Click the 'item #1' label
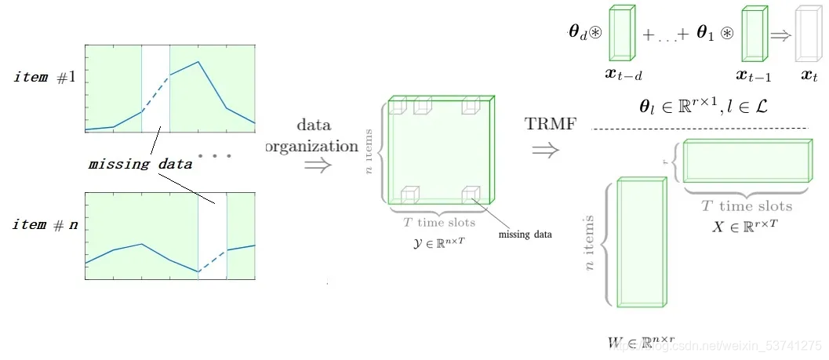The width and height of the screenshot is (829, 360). pos(45,78)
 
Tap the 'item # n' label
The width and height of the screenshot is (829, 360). pos(45,225)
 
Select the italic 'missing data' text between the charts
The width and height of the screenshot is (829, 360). pos(140,165)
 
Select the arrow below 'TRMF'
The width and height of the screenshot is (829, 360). pos(547,149)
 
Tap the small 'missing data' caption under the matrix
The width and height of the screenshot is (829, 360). pos(525,235)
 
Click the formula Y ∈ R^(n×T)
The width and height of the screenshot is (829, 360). pos(439,240)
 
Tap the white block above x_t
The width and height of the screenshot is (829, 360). pos(805,35)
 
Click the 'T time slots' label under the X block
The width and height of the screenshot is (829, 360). pos(746,206)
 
